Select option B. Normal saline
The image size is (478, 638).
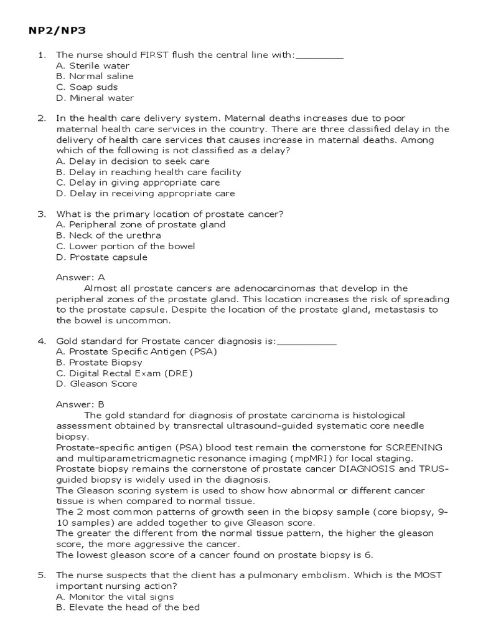point(95,76)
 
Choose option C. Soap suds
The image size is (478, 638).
point(87,87)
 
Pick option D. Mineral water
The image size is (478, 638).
point(95,98)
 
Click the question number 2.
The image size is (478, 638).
point(42,118)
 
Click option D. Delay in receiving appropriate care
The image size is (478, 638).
point(145,193)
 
